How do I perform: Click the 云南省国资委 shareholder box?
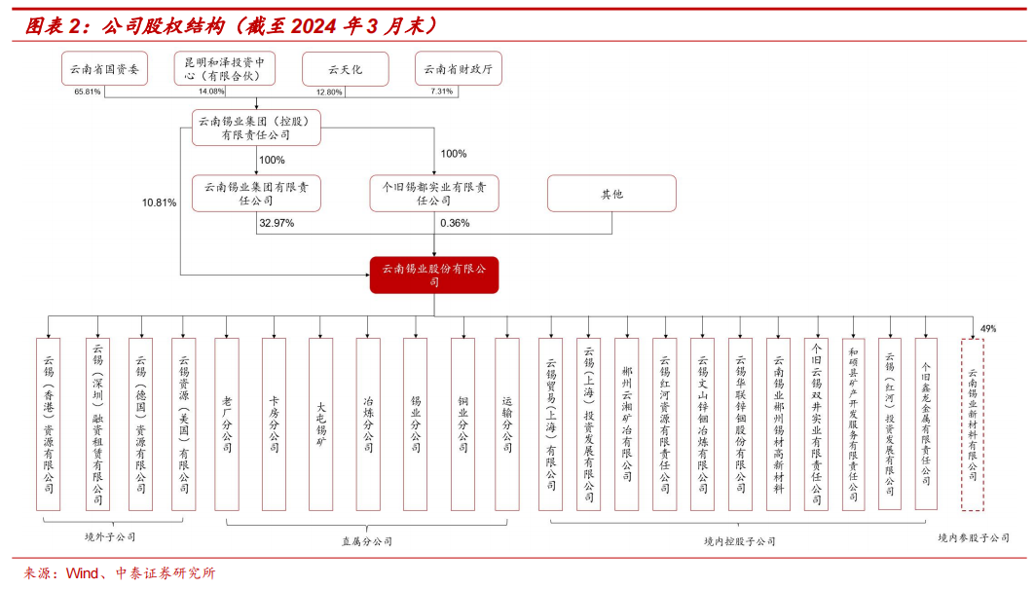coord(104,69)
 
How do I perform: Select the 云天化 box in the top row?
coord(345,69)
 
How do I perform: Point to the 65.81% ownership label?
coord(88,92)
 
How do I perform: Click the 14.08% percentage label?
coord(211,92)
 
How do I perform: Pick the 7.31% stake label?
coord(441,92)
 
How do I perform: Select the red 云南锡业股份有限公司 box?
coord(434,275)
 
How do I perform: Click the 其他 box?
coord(611,194)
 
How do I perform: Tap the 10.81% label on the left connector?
coord(159,202)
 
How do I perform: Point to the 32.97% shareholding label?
coord(277,223)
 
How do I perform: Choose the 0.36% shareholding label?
coord(455,223)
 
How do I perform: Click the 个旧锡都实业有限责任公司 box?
coord(434,194)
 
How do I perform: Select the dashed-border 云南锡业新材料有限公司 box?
coord(973,424)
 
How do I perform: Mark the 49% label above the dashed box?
coord(988,329)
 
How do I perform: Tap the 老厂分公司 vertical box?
coord(227,424)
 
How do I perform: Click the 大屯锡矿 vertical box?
coord(321,424)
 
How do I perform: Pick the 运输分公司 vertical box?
coord(507,424)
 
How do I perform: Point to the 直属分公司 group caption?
coord(367,541)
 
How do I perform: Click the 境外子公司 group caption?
coord(110,536)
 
